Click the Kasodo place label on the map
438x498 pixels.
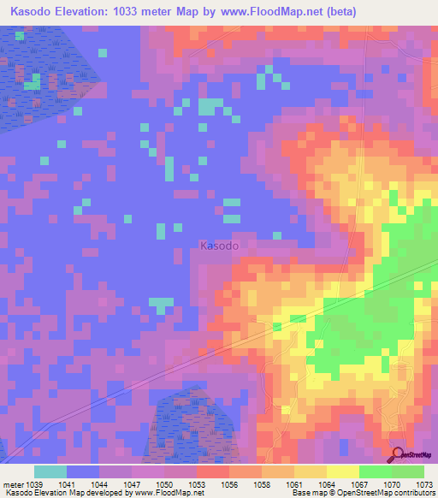(219, 246)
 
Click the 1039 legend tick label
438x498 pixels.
(34, 483)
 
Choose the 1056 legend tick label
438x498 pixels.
(229, 483)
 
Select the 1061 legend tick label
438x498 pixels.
(294, 483)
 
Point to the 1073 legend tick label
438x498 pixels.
(423, 483)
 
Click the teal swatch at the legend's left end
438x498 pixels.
(50, 471)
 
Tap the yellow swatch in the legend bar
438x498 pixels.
(342, 471)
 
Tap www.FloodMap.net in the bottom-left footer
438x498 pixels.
(169, 493)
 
